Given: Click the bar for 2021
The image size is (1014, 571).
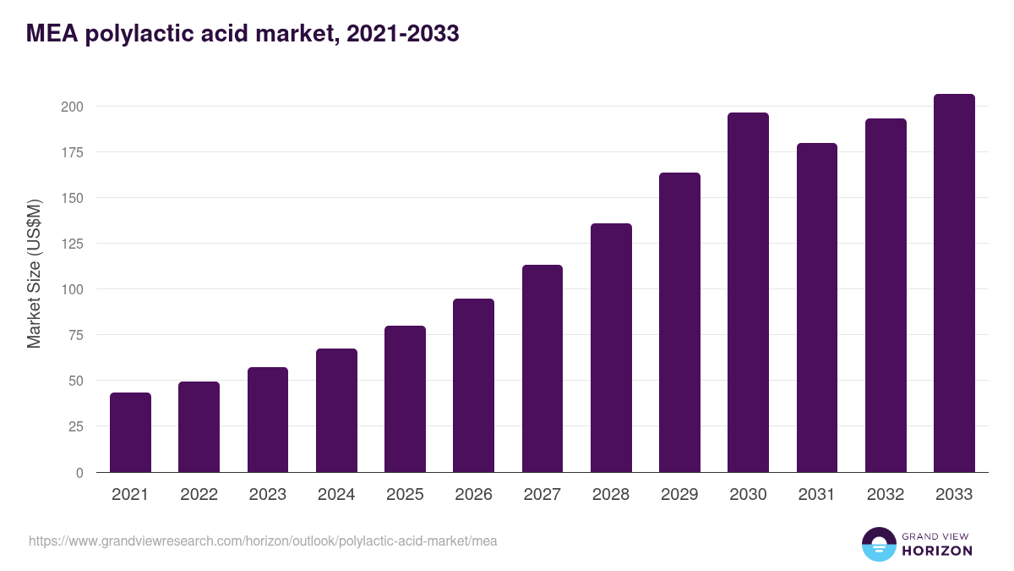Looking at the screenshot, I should tap(130, 432).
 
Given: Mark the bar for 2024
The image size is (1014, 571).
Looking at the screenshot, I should tap(336, 410).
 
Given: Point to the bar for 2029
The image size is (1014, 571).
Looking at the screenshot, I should tap(679, 322).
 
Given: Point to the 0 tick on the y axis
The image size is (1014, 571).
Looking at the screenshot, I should tap(79, 473).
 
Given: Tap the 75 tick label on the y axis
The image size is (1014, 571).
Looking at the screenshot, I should tap(75, 335).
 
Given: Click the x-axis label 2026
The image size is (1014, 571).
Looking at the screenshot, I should tap(473, 495).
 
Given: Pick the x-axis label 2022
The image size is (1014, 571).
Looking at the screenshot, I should tap(199, 495).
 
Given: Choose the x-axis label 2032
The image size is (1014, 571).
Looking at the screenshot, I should tap(886, 495).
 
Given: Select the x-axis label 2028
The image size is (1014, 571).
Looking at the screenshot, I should tap(611, 495).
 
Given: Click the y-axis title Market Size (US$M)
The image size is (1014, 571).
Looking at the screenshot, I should tap(34, 274).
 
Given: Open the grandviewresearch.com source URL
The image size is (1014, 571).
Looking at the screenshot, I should tap(263, 541).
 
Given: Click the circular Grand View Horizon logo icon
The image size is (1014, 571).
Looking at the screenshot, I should tap(878, 544).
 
